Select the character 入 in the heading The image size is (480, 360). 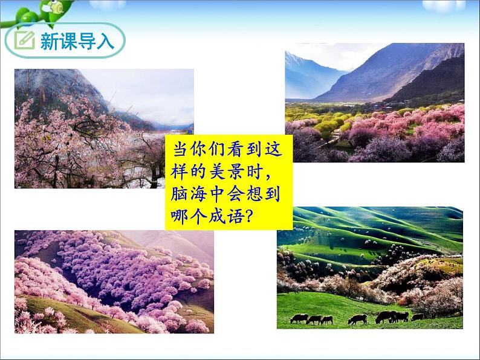coord(104,41)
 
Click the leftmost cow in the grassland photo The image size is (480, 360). coord(299,318)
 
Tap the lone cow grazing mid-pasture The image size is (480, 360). coord(357,319)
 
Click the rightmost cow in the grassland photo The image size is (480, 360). coord(417,317)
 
